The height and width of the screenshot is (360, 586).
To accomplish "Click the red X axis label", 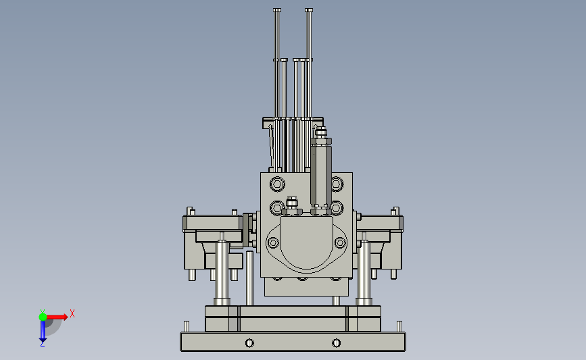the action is pos(72,313).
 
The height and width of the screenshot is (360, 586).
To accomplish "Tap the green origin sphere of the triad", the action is pos(43,317).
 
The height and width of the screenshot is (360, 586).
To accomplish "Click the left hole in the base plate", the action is pos(249,343).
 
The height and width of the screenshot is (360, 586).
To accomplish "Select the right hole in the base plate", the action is pos(336,343).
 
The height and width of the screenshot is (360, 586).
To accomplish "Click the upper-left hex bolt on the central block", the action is pos(277,184).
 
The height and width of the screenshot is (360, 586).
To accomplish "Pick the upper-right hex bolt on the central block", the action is pos(337,184).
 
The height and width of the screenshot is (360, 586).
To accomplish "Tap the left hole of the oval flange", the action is pos(273,242).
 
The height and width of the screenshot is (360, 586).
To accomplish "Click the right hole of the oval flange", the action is pos(340,242).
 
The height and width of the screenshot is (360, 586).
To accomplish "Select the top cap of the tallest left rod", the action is pos(277,10).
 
